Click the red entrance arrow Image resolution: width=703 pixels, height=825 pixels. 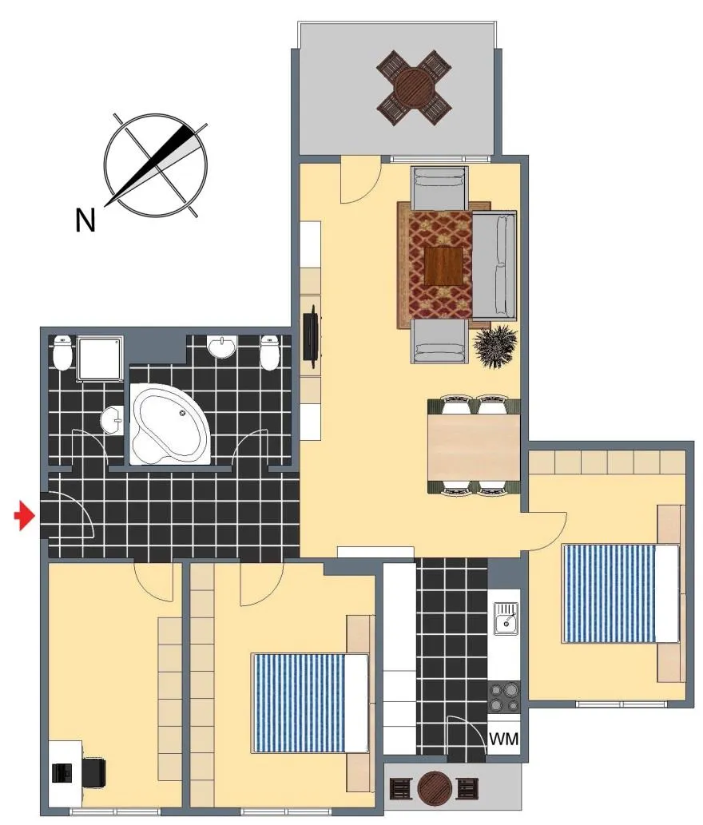click(24, 516)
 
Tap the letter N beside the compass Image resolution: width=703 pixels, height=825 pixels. click(85, 220)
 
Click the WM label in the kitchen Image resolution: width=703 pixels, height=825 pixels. click(503, 739)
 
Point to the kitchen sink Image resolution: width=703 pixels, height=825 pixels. click(505, 619)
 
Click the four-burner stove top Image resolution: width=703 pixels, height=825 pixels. click(503, 696)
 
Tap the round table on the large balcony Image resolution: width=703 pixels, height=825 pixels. click(414, 87)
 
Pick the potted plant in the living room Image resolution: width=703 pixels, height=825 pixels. click(495, 347)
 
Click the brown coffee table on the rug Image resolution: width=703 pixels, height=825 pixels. click(444, 266)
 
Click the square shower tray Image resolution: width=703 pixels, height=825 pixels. click(101, 359)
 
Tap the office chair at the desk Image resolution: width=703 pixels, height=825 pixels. click(94, 771)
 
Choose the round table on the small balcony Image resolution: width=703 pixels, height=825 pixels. click(435, 787)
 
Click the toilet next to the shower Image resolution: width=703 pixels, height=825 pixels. click(62, 352)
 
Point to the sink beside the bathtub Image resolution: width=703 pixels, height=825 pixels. click(112, 420)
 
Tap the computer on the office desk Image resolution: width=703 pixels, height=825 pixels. click(62, 772)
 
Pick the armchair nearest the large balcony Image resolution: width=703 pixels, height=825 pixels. click(439, 189)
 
